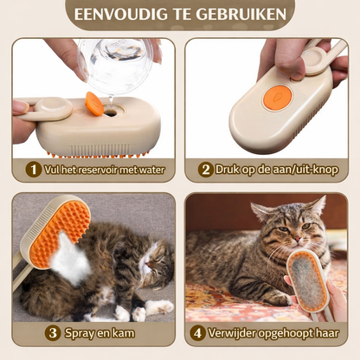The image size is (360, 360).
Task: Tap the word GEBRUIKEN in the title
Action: [245, 14]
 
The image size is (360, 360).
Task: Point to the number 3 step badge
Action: [53, 332]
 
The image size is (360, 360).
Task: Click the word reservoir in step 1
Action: [91, 170]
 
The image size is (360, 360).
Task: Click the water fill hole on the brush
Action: [112, 111]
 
